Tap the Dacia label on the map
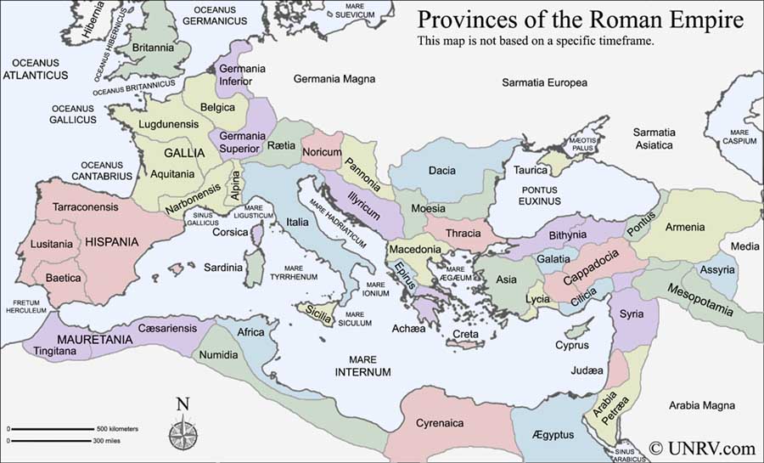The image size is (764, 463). point(441,171)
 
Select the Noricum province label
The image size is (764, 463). point(323,152)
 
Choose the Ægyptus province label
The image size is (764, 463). point(553,435)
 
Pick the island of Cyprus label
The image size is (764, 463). point(571,345)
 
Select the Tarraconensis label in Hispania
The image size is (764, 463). point(86,206)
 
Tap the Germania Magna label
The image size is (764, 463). point(334,79)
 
